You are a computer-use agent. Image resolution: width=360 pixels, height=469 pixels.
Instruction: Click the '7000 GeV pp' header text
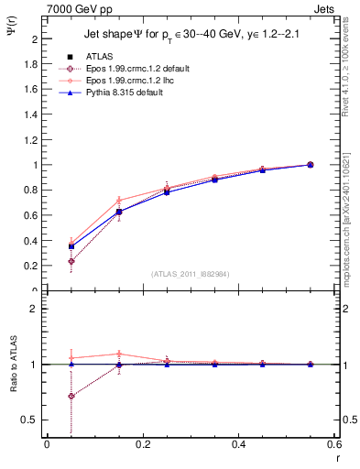tap(78, 8)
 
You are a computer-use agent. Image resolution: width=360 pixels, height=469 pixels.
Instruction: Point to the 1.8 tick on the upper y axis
tap(33, 65)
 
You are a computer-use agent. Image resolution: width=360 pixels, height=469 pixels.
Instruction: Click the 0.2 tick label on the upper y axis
tap(33, 266)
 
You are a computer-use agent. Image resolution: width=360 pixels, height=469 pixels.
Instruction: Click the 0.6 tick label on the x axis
tap(334, 444)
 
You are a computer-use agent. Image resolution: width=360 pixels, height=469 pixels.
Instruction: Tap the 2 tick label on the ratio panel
tap(37, 309)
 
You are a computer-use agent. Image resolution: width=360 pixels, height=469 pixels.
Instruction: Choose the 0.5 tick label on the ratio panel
tap(33, 420)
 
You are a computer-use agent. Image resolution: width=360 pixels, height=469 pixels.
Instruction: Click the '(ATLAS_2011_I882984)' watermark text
tap(191, 274)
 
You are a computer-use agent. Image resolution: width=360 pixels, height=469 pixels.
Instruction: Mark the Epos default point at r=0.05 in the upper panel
tap(71, 261)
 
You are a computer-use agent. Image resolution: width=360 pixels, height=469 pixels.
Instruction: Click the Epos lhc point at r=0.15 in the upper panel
tap(119, 201)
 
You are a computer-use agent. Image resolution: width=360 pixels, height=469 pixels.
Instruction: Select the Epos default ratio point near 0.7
tap(71, 397)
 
